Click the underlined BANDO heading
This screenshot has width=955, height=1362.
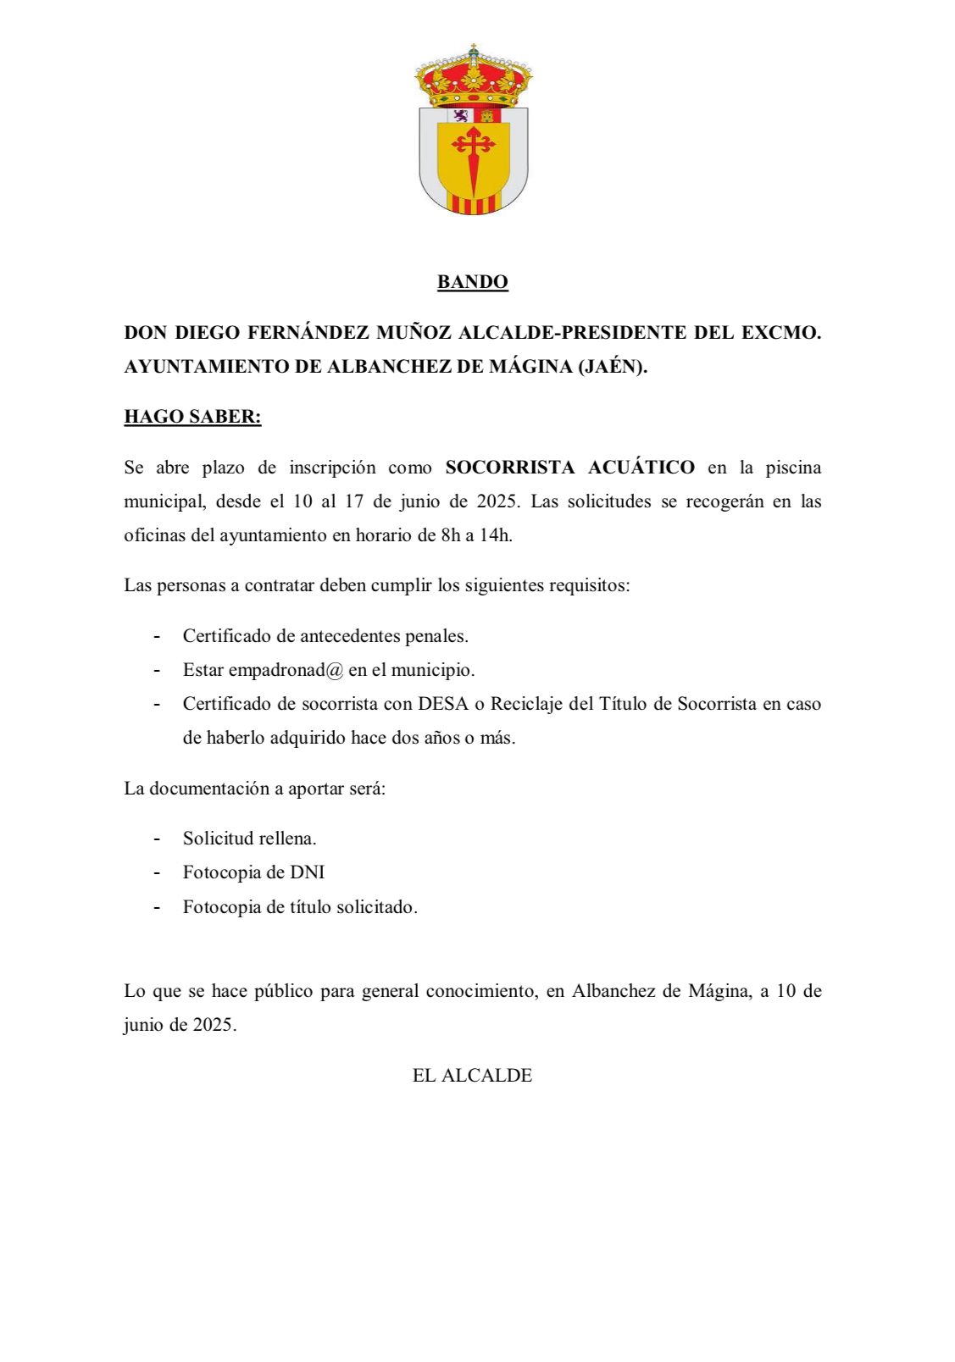pos(472,282)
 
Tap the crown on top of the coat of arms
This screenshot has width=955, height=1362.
pos(474,79)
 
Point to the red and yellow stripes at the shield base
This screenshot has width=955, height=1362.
pos(474,204)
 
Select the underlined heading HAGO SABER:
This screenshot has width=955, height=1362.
pos(192,417)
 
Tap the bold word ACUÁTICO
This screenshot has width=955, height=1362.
pos(641,468)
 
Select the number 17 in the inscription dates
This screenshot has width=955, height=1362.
pos(354,501)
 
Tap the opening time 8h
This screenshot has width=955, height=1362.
pos(450,535)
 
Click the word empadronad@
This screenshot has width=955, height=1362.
pos(286,670)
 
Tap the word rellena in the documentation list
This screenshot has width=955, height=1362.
pos(288,839)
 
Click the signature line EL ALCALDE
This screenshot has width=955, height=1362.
pos(472,1076)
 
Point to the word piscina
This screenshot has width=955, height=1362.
pos(793,468)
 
